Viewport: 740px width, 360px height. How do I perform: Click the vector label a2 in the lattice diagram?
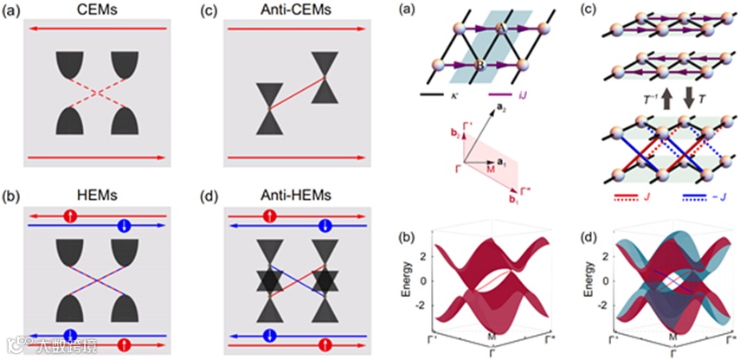click(501, 106)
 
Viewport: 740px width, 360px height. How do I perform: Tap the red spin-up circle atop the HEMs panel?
click(74, 215)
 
